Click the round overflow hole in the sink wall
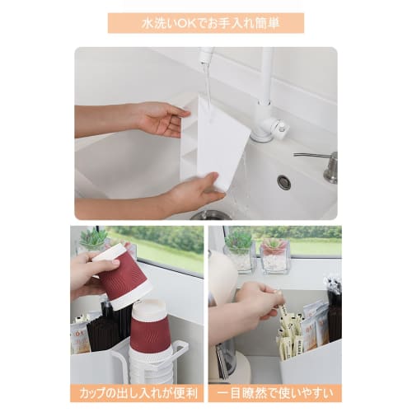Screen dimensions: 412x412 284,182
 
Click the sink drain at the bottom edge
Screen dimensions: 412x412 213,215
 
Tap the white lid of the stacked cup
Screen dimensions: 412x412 149,310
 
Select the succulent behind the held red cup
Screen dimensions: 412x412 93,241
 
